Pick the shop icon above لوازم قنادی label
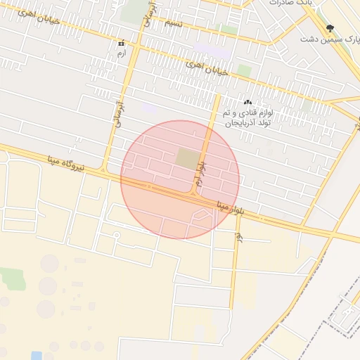(x=247, y=103)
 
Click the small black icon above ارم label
(x=123, y=43)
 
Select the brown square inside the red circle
(x=186, y=158)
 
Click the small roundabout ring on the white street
(x=117, y=234)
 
